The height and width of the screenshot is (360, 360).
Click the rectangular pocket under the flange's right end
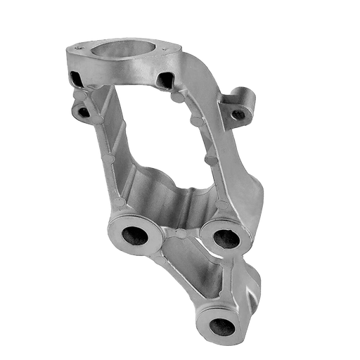tap(166, 78)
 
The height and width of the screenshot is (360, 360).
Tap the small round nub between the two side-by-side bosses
tap(181, 231)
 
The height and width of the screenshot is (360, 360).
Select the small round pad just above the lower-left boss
tap(125, 205)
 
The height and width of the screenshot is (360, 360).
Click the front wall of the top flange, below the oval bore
tap(120, 73)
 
